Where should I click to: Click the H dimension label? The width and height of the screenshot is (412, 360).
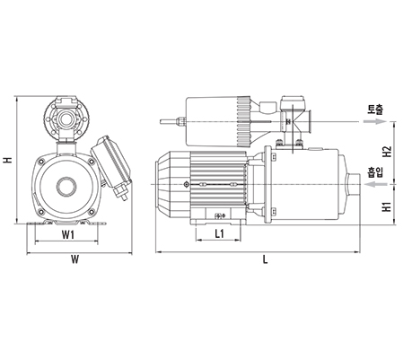[x=8, y=160]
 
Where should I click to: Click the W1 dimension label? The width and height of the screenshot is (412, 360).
[x=68, y=235]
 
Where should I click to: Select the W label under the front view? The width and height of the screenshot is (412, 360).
[x=75, y=259]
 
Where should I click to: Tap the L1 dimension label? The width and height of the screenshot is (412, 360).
[x=220, y=233]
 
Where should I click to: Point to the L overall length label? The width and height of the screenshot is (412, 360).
[x=265, y=259]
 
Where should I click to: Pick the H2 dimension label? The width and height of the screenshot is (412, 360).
[x=388, y=152]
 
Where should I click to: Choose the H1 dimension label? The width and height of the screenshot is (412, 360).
[x=388, y=206]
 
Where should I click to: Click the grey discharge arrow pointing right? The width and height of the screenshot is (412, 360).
[x=375, y=121]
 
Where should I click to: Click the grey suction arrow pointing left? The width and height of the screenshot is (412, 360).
[x=376, y=184]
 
